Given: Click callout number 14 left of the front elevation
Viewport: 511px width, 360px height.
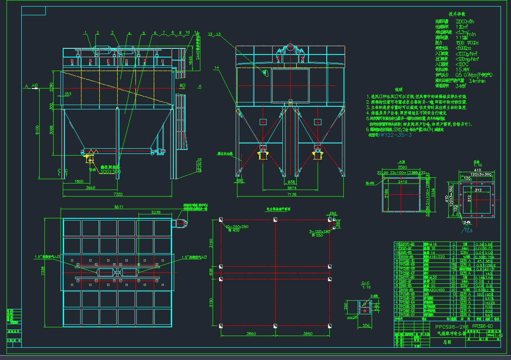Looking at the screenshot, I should pyautogui.click(x=217, y=67).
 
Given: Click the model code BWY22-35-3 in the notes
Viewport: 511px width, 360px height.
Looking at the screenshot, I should pyautogui.click(x=394, y=135).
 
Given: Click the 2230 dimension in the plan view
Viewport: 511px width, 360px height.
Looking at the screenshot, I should pyautogui.click(x=156, y=212).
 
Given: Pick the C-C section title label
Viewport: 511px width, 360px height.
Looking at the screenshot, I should pyautogui.click(x=365, y=283).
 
